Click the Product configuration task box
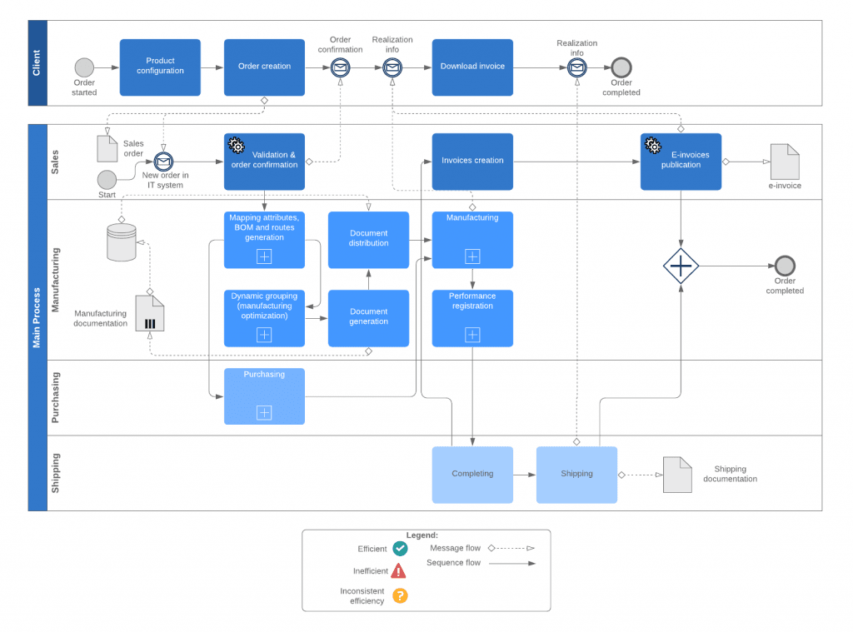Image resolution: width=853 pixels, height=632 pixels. point(160,67)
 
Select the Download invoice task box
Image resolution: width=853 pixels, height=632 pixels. point(472,67)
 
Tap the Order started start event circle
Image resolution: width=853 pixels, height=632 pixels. point(84,67)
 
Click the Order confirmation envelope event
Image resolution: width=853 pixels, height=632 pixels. point(340,67)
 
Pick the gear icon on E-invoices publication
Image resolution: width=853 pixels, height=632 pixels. point(653,146)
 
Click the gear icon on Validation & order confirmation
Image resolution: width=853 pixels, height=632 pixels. point(237,146)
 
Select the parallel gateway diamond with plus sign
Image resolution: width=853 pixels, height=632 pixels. point(681,266)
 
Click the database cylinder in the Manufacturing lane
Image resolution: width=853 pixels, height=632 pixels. point(122,242)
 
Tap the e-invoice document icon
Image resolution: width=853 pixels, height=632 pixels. point(784,162)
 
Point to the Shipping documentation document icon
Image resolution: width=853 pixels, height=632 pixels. point(677,475)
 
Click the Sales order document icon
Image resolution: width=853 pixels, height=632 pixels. point(107,148)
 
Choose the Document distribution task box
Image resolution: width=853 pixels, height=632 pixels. point(368,240)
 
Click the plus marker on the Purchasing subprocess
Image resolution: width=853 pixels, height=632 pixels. point(264,412)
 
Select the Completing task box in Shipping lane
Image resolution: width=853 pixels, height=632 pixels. point(472,475)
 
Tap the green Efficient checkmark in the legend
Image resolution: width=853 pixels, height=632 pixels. point(400,549)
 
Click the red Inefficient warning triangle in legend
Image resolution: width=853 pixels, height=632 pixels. point(399,571)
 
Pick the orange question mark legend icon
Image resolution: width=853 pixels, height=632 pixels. point(400,595)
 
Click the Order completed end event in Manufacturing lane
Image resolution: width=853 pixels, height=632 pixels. point(785,266)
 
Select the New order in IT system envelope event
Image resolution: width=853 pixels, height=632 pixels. point(163,162)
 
